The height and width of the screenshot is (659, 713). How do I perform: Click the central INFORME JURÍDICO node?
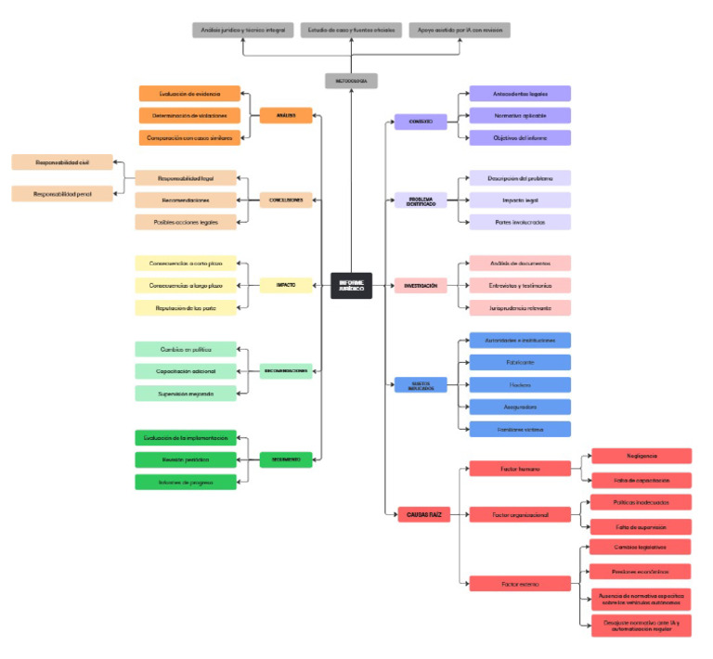(x=351, y=285)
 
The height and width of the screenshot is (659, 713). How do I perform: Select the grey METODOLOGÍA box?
(x=351, y=81)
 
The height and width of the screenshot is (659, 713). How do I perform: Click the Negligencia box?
(x=642, y=456)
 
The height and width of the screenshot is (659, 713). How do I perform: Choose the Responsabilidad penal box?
(x=62, y=194)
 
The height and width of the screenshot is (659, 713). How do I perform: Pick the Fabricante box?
(x=519, y=362)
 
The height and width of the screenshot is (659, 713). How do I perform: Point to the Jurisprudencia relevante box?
(x=519, y=307)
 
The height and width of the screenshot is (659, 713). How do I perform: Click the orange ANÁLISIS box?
(x=286, y=115)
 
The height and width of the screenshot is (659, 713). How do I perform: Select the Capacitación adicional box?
(x=186, y=371)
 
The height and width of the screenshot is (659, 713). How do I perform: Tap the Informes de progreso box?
(x=186, y=482)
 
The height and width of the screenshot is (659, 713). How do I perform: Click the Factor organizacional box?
(x=519, y=513)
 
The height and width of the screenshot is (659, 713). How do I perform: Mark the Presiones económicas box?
(x=642, y=572)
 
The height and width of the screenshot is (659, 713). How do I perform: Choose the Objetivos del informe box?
(x=519, y=137)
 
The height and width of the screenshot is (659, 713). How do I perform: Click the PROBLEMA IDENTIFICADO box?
(x=421, y=200)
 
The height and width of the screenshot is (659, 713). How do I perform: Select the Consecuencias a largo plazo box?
(x=186, y=285)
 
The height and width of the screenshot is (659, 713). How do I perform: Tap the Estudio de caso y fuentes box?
(x=351, y=30)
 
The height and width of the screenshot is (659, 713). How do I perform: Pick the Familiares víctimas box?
(x=519, y=429)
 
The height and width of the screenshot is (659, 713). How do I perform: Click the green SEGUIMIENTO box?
(x=286, y=459)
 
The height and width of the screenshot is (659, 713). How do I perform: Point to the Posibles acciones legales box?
(x=186, y=222)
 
